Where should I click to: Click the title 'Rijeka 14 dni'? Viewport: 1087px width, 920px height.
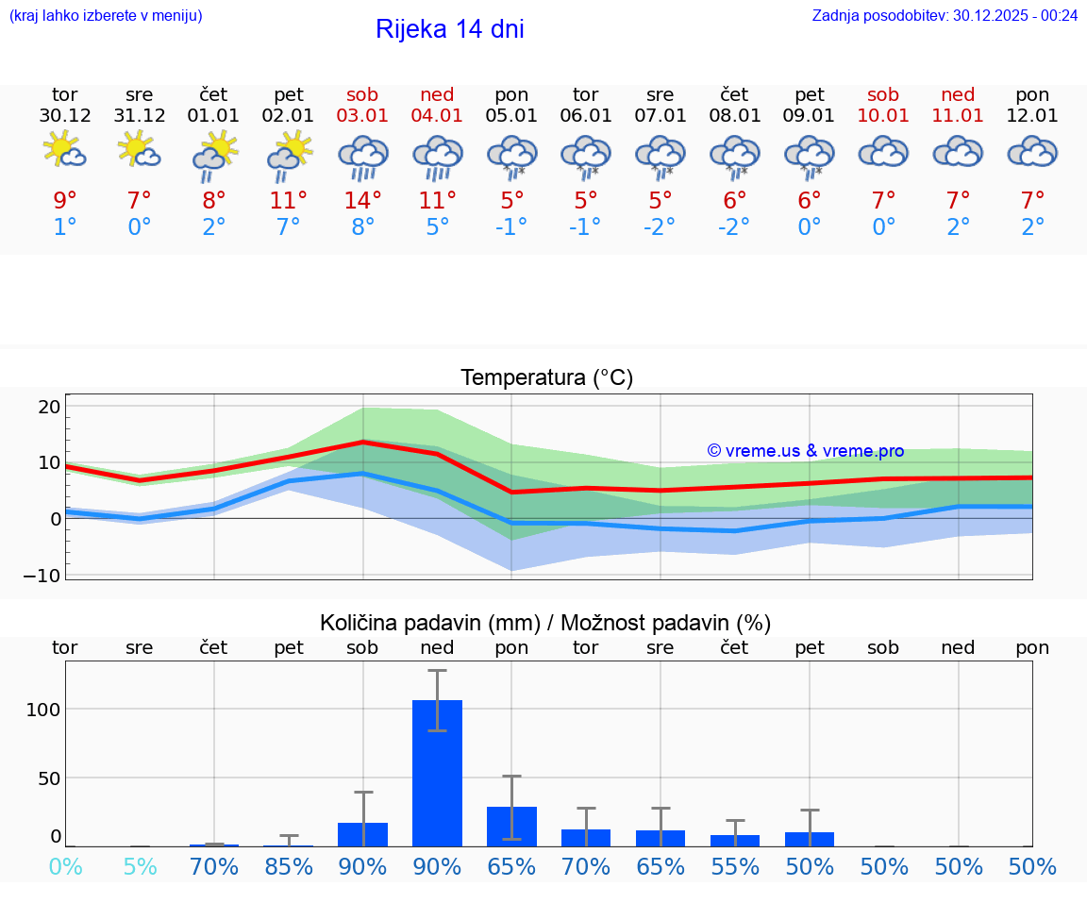[x=449, y=29]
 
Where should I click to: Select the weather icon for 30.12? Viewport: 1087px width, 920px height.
[x=65, y=150]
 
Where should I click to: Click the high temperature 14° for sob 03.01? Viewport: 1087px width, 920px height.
[x=363, y=200]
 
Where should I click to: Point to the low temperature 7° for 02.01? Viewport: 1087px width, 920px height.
[x=289, y=226]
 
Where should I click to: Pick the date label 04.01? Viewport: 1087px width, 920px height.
[x=437, y=116]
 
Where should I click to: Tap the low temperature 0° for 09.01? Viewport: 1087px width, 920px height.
[x=810, y=226]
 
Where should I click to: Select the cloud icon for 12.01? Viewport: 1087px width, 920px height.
[x=1032, y=152]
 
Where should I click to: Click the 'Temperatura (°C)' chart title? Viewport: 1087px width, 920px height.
[x=546, y=377]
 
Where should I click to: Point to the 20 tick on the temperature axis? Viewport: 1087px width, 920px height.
[x=49, y=407]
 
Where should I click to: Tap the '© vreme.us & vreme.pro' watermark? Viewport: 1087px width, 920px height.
[x=806, y=451]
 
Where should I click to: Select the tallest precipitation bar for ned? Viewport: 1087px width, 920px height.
[x=438, y=773]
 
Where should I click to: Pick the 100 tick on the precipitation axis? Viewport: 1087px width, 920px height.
[x=43, y=709]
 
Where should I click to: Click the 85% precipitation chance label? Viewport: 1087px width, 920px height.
[x=289, y=866]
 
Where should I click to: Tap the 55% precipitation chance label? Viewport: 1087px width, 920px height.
[x=735, y=866]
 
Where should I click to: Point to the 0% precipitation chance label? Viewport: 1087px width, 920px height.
[x=65, y=866]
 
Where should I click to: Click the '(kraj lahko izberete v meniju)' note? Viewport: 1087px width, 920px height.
[x=106, y=15]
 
